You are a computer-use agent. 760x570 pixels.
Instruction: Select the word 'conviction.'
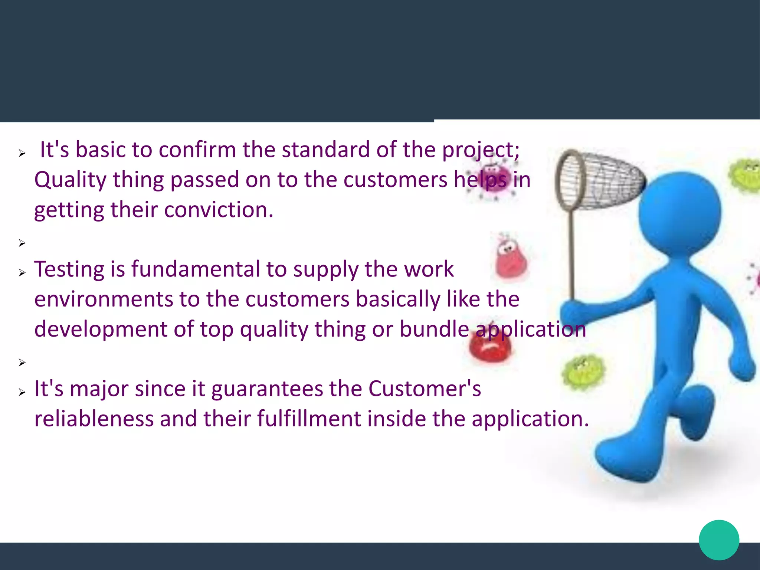tap(219, 210)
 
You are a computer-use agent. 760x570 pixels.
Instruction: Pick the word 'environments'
tap(104, 299)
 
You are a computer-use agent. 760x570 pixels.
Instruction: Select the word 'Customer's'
tap(425, 389)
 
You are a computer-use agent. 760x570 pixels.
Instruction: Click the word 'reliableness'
tap(94, 419)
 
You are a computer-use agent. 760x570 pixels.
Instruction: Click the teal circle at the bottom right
tap(719, 540)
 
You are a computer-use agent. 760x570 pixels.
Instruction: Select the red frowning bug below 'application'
tap(490, 347)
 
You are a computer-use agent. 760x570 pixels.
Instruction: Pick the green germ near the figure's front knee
tap(583, 371)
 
